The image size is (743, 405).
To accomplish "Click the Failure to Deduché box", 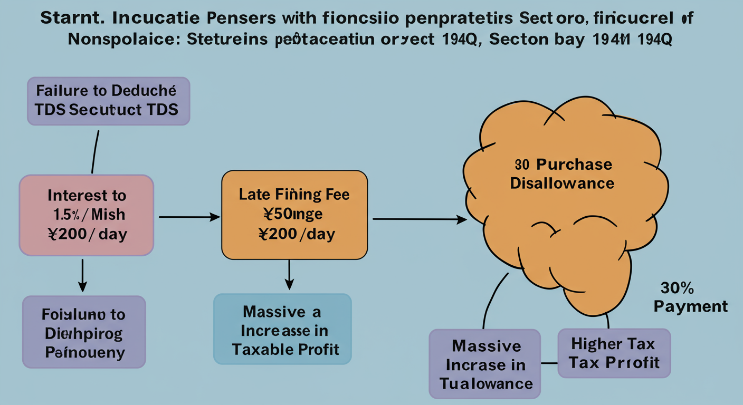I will point(108,101).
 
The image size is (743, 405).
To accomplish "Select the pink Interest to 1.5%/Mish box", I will point(87,215).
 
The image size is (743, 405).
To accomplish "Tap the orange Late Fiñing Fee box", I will point(294,215).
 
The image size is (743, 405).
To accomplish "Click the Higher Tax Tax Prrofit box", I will point(614,353).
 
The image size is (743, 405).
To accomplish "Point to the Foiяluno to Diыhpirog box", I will point(84,332).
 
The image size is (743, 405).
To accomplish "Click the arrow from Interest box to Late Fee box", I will point(189,216).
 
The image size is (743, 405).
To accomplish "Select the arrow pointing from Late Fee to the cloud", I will point(420,219).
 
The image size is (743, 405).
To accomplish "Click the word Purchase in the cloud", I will point(567,165).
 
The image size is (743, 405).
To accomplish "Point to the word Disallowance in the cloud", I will point(563,183).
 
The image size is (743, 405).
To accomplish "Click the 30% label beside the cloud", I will point(677,288).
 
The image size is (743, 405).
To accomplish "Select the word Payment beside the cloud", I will point(691,306).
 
